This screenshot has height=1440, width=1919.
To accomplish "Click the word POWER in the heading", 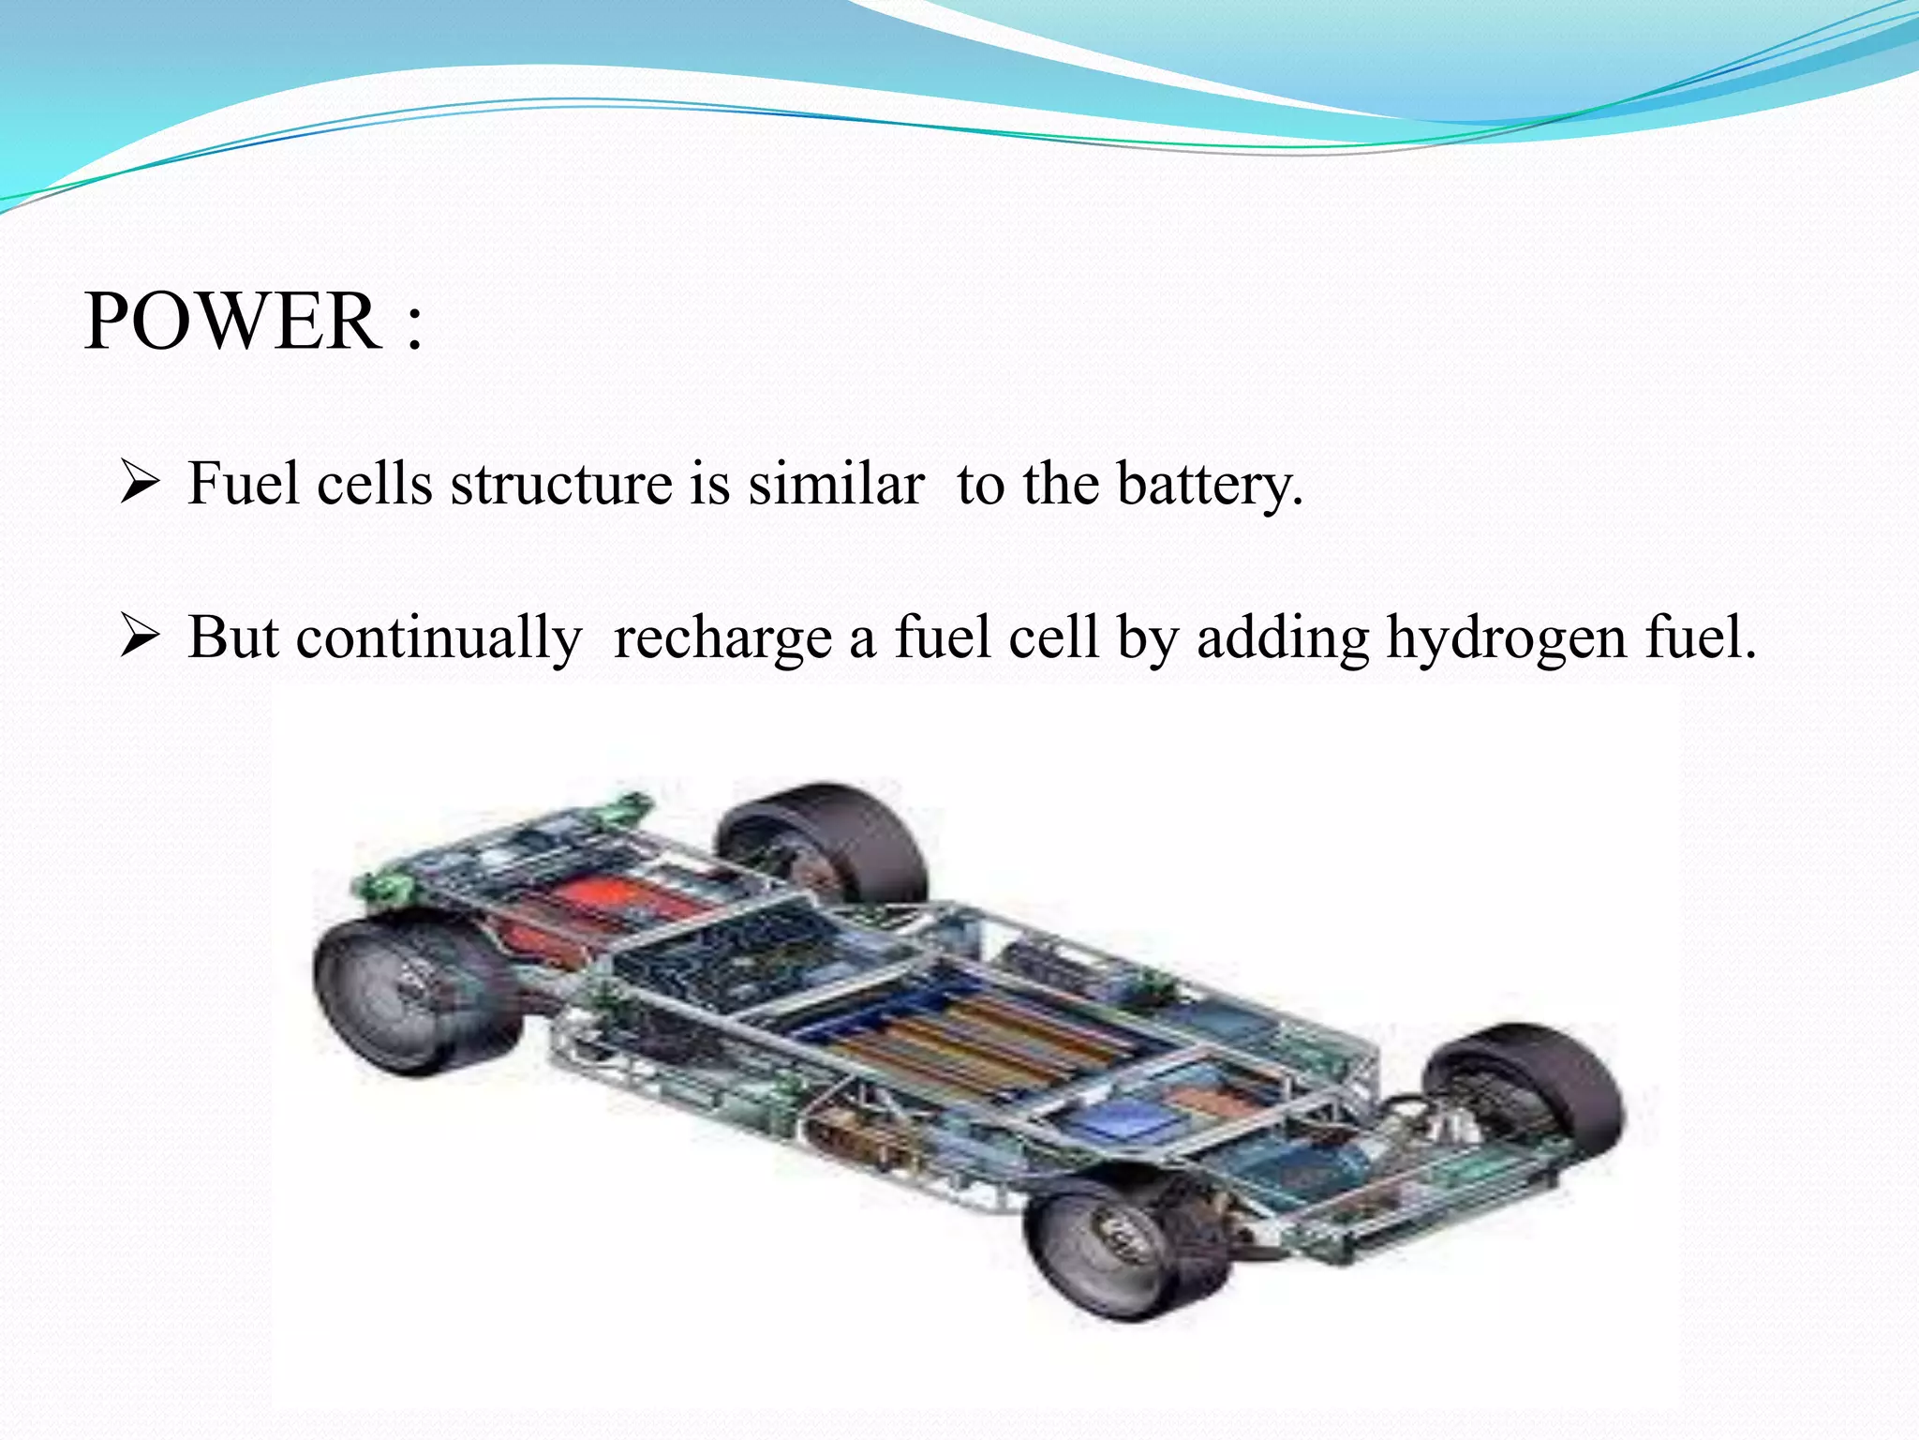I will coord(231,322).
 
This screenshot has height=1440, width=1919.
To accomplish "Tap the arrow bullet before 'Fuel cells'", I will coord(139,484).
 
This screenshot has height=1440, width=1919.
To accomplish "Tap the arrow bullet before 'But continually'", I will coord(139,637).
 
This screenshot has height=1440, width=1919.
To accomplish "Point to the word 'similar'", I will coord(836,485).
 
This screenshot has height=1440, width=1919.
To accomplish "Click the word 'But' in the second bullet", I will coord(232,638).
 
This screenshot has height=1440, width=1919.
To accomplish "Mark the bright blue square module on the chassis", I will coord(1124,1120).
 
